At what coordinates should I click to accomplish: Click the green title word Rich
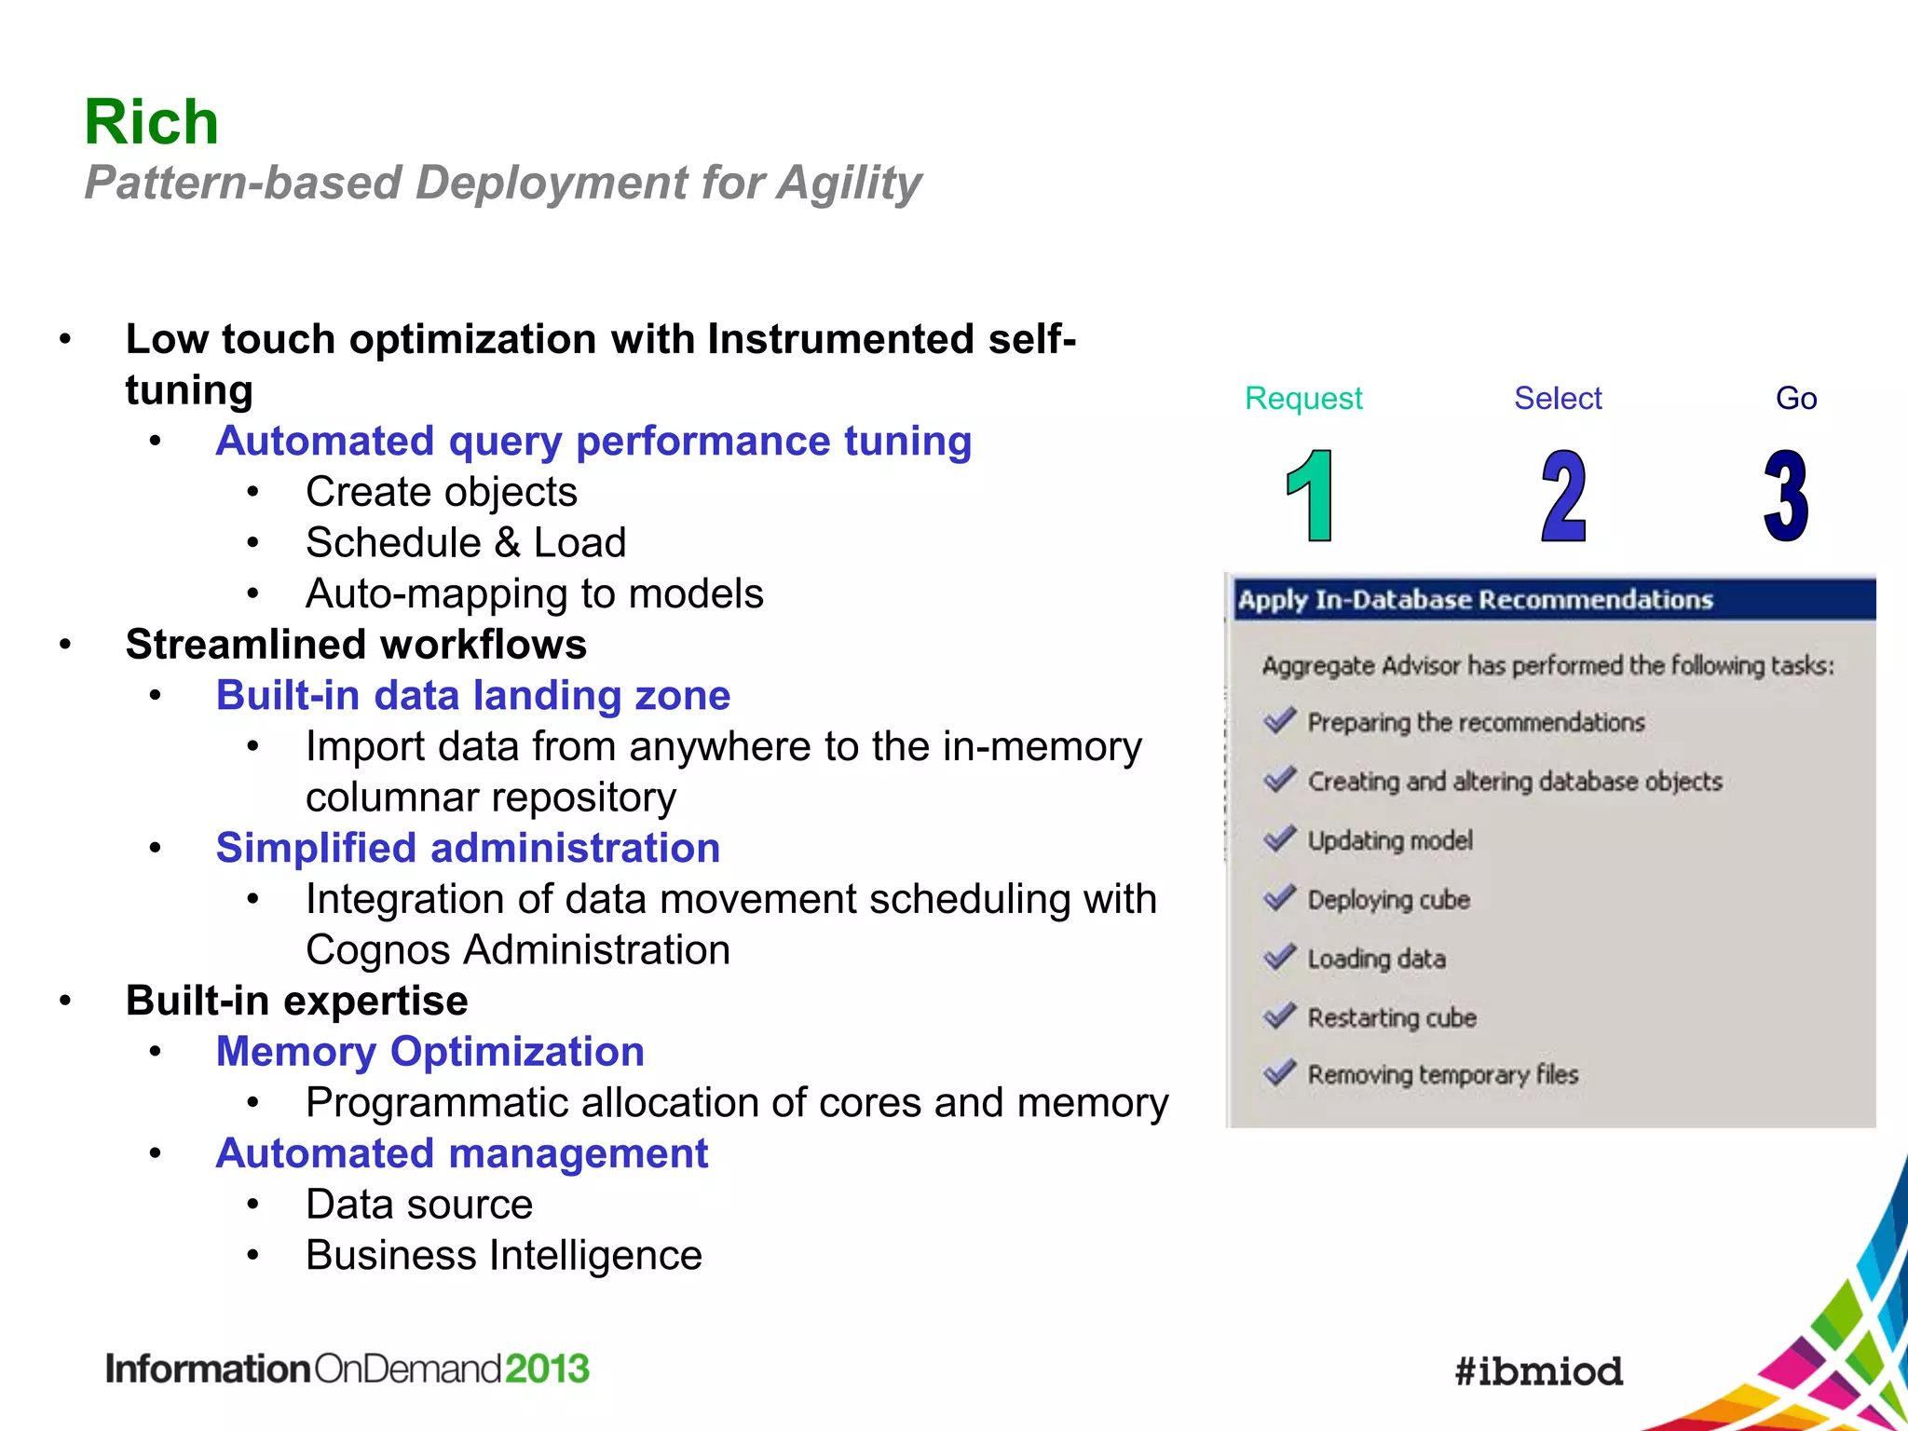coord(151,122)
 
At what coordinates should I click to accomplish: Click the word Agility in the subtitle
coord(849,183)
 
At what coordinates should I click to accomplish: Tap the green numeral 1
coord(1311,496)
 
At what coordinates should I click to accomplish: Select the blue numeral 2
coord(1563,496)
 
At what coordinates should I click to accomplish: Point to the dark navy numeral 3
coord(1786,496)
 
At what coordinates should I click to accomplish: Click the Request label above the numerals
coord(1302,399)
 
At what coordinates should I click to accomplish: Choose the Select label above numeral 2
coord(1557,399)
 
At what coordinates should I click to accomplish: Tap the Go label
coord(1795,399)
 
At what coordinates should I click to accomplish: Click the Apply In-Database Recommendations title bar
coord(1551,600)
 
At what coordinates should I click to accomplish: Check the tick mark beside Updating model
coord(1280,839)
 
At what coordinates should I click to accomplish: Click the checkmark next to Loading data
coord(1280,957)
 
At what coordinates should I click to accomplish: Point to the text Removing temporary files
coord(1442,1075)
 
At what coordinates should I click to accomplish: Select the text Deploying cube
coord(1388,900)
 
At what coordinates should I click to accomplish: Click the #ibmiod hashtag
coord(1538,1371)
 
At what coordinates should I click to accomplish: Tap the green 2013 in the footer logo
coord(547,1369)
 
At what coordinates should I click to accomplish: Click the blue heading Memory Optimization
coord(429,1052)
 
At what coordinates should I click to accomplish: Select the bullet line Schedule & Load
coord(466,543)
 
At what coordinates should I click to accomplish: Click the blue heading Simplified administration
coord(468,849)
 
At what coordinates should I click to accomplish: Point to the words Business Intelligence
coord(503,1256)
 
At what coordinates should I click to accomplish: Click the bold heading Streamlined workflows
coord(356,645)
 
